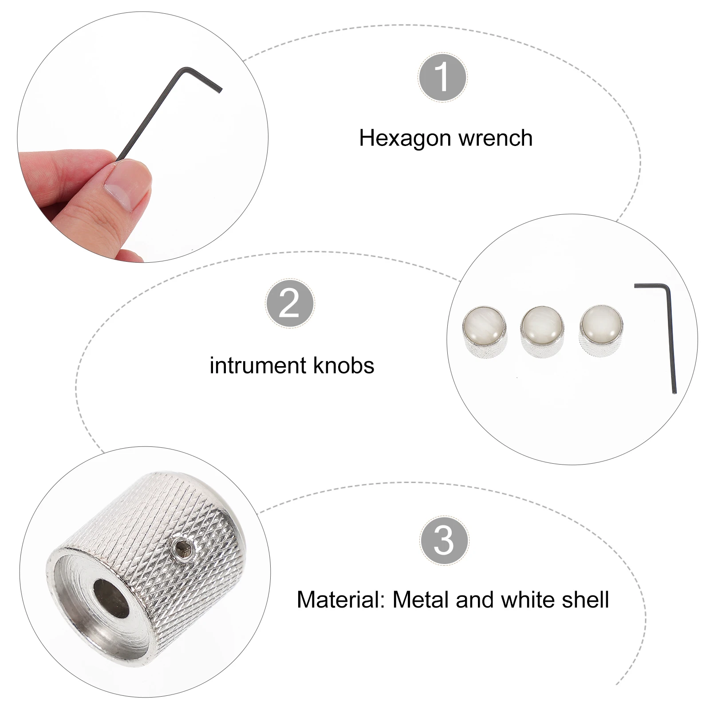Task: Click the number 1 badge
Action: [442, 78]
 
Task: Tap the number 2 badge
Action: [290, 304]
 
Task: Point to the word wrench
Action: [496, 138]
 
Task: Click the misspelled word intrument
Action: [257, 366]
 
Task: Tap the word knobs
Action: [343, 365]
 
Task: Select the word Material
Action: [341, 600]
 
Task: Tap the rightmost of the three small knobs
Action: [601, 329]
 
